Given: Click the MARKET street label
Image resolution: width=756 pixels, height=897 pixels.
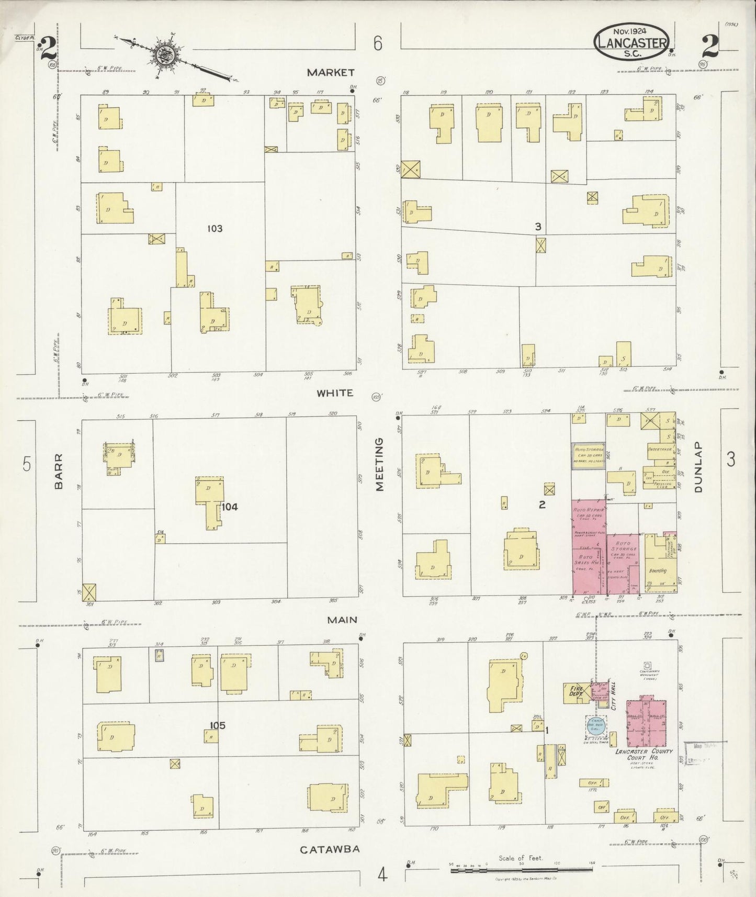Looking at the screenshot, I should click(331, 72).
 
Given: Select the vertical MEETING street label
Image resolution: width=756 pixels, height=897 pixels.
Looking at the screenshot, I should click(380, 464).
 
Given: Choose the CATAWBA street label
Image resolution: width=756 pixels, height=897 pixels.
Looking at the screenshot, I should click(330, 849).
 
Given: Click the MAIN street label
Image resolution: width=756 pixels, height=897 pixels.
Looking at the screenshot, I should click(342, 620).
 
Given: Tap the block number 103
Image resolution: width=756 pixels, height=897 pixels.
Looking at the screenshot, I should click(215, 228).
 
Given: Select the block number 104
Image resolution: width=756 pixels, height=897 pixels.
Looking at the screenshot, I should click(230, 507).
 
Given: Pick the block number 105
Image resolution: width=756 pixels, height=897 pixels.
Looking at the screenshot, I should click(217, 725).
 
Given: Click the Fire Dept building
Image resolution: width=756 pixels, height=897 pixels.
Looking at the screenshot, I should click(574, 692).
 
